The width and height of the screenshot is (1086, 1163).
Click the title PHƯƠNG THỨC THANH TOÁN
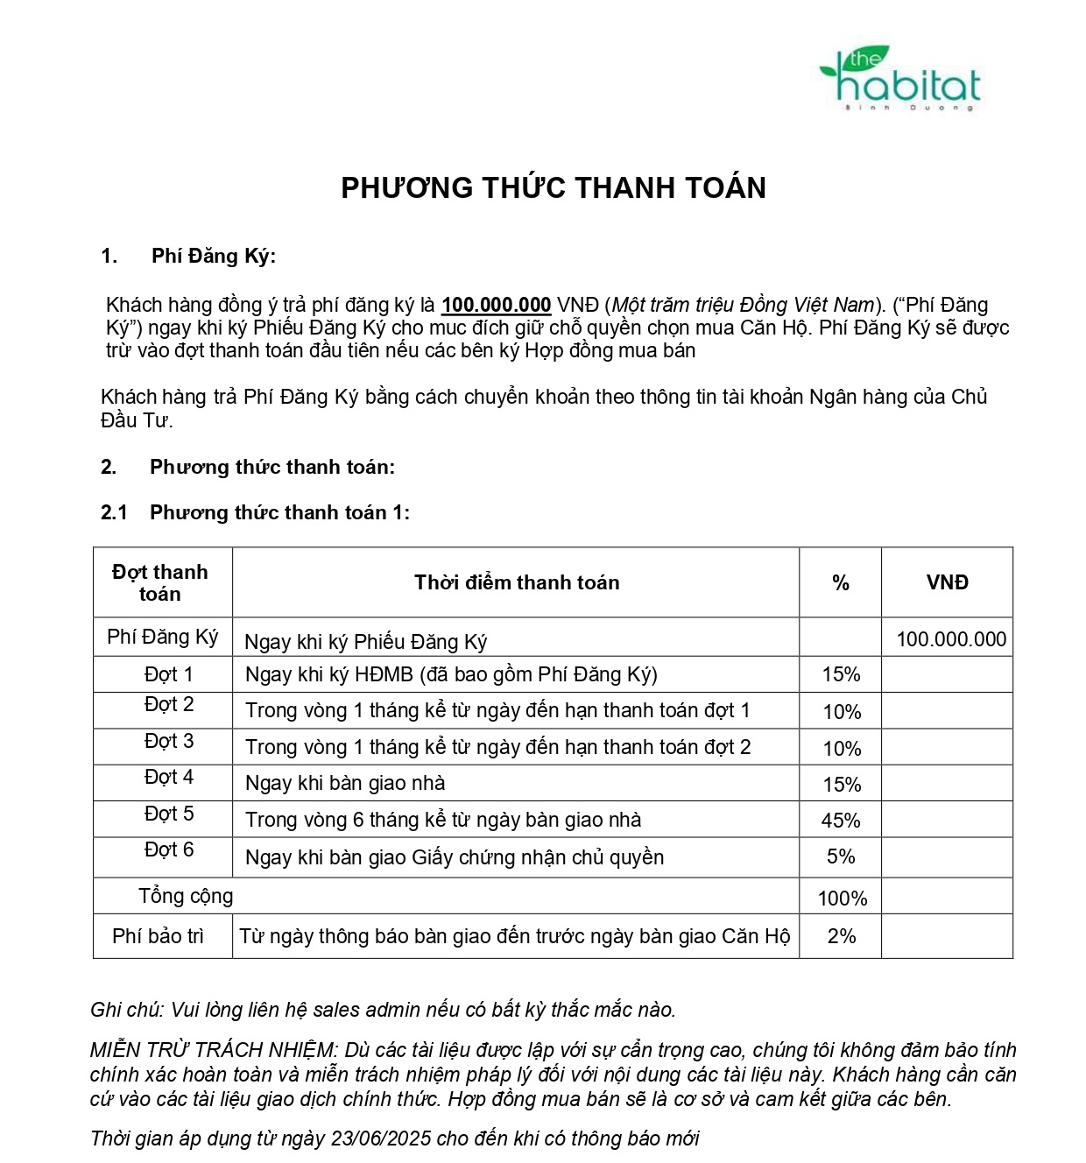tap(554, 187)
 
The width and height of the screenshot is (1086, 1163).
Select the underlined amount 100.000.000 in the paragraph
tap(496, 305)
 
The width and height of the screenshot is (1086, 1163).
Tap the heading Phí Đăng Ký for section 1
tap(213, 256)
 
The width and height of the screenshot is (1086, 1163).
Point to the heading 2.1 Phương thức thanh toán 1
tap(255, 512)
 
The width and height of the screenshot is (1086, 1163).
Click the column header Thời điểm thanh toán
tap(517, 582)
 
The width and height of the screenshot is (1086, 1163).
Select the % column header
tap(841, 583)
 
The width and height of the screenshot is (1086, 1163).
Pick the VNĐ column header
tap(947, 582)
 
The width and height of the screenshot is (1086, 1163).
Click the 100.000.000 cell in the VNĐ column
tap(951, 639)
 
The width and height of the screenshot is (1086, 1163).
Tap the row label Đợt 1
tap(168, 674)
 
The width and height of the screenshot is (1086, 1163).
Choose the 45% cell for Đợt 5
tap(841, 821)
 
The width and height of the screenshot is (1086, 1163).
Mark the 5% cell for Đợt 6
tap(841, 856)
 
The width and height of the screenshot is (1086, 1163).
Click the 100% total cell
tap(842, 899)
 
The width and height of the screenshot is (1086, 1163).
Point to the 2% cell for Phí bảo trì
tap(841, 936)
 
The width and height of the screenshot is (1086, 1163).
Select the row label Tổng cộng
tap(186, 896)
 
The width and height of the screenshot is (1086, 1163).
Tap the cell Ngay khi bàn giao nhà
tap(345, 783)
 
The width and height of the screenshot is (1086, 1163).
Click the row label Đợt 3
tap(169, 741)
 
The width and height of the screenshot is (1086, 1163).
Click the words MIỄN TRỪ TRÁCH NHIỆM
tap(213, 1050)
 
